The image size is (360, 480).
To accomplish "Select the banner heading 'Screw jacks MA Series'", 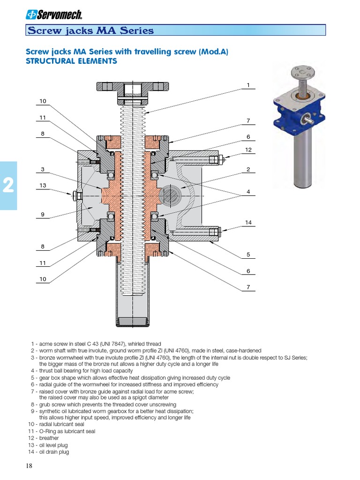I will click(x=91, y=31).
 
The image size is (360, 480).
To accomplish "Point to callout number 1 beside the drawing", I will click(x=248, y=85).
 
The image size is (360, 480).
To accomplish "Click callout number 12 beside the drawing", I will click(x=248, y=150).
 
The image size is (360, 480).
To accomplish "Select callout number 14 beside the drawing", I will click(x=248, y=222).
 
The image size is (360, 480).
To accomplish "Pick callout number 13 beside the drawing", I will click(x=43, y=186).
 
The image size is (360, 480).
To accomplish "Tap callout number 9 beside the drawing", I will click(x=43, y=215).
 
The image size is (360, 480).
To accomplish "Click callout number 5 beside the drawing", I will click(x=248, y=255).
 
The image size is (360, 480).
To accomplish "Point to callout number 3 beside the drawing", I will click(x=43, y=169).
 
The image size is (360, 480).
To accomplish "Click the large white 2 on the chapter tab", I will click(x=8, y=187).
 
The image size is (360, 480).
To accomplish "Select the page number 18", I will click(x=29, y=466).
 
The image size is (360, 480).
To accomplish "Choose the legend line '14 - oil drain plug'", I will click(x=49, y=452).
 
